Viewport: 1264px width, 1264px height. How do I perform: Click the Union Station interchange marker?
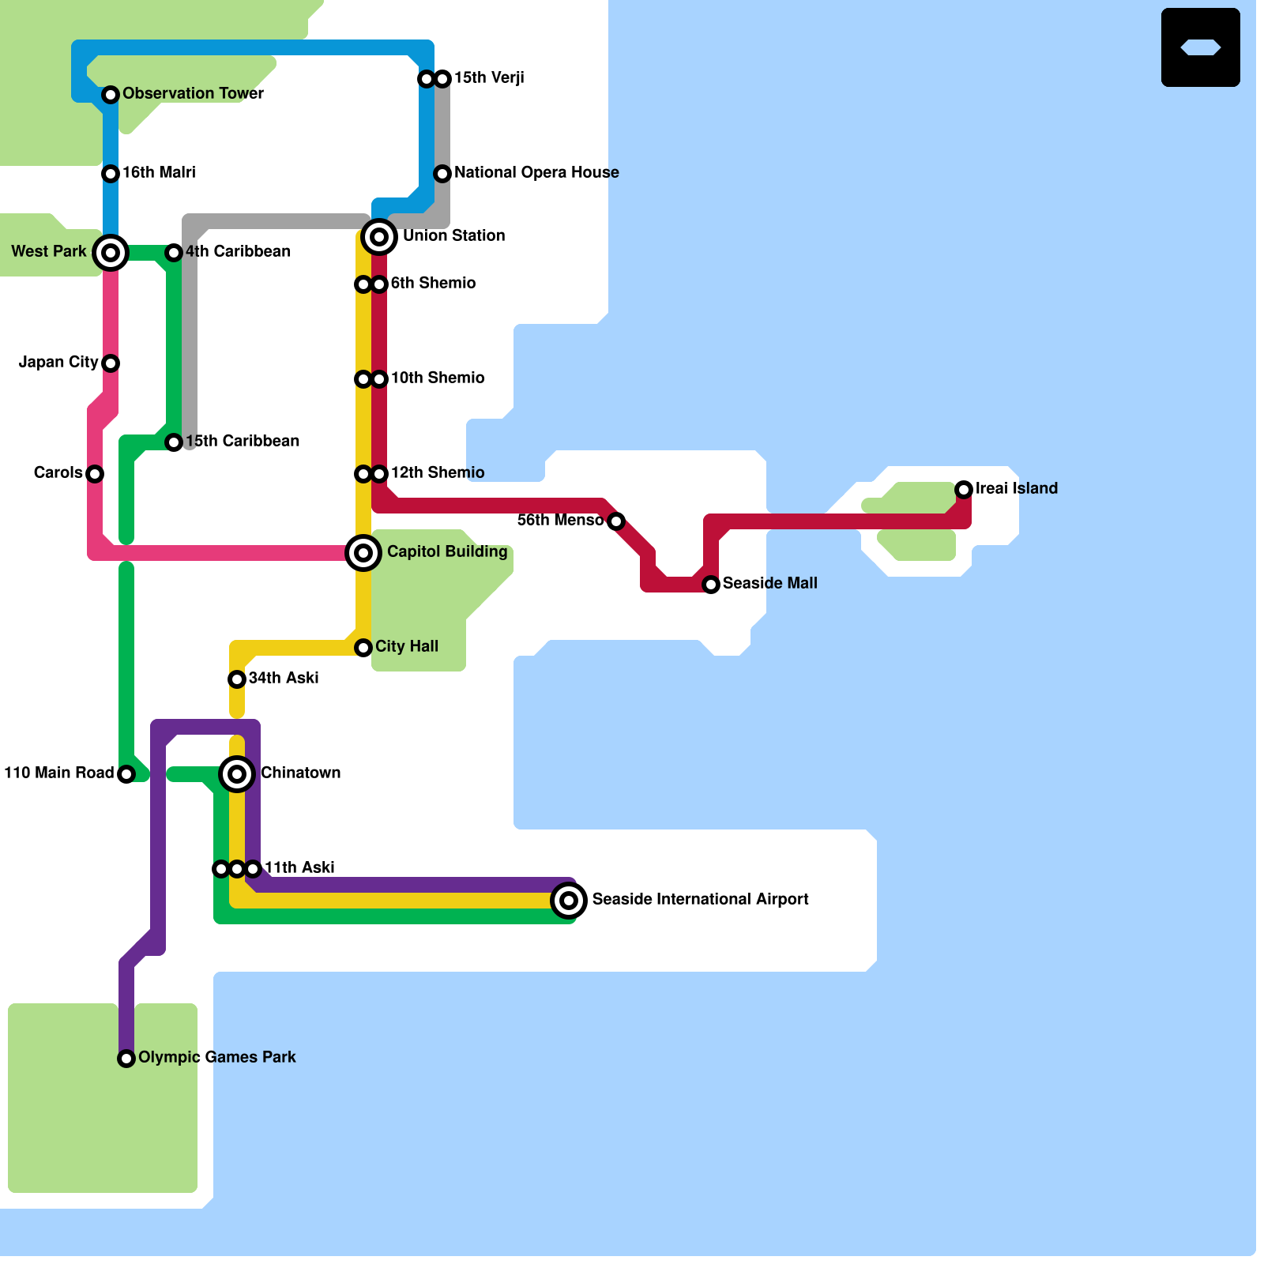coord(379,237)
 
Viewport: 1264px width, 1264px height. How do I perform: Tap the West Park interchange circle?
coord(111,253)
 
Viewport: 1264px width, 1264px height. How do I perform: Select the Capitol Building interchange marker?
coord(363,553)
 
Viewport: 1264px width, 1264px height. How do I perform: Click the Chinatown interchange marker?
coord(237,774)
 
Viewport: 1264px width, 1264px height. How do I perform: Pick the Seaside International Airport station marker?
coord(569,901)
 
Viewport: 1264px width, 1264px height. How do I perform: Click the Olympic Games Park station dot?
coord(126,1059)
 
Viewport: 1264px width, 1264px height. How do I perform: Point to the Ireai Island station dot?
coord(964,490)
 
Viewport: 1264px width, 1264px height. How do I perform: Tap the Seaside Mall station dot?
coord(711,585)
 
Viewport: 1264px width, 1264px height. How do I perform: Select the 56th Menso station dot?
coord(616,521)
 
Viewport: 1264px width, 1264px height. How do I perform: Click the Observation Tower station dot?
coord(111,95)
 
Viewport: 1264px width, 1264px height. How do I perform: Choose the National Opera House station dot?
coord(442,174)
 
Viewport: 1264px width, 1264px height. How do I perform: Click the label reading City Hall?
coord(407,646)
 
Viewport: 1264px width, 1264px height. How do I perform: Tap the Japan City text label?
coord(58,362)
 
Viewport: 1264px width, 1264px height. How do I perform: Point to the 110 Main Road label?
coord(59,773)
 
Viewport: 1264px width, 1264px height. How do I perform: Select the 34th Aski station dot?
coord(237,679)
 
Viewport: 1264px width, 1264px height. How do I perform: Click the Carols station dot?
coord(95,474)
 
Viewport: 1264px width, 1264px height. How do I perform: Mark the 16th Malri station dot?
coord(111,174)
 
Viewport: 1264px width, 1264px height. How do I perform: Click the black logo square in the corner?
coord(1201,47)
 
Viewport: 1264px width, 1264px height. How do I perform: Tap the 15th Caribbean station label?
coord(243,441)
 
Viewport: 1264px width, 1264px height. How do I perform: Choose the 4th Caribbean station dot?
coord(174,253)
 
